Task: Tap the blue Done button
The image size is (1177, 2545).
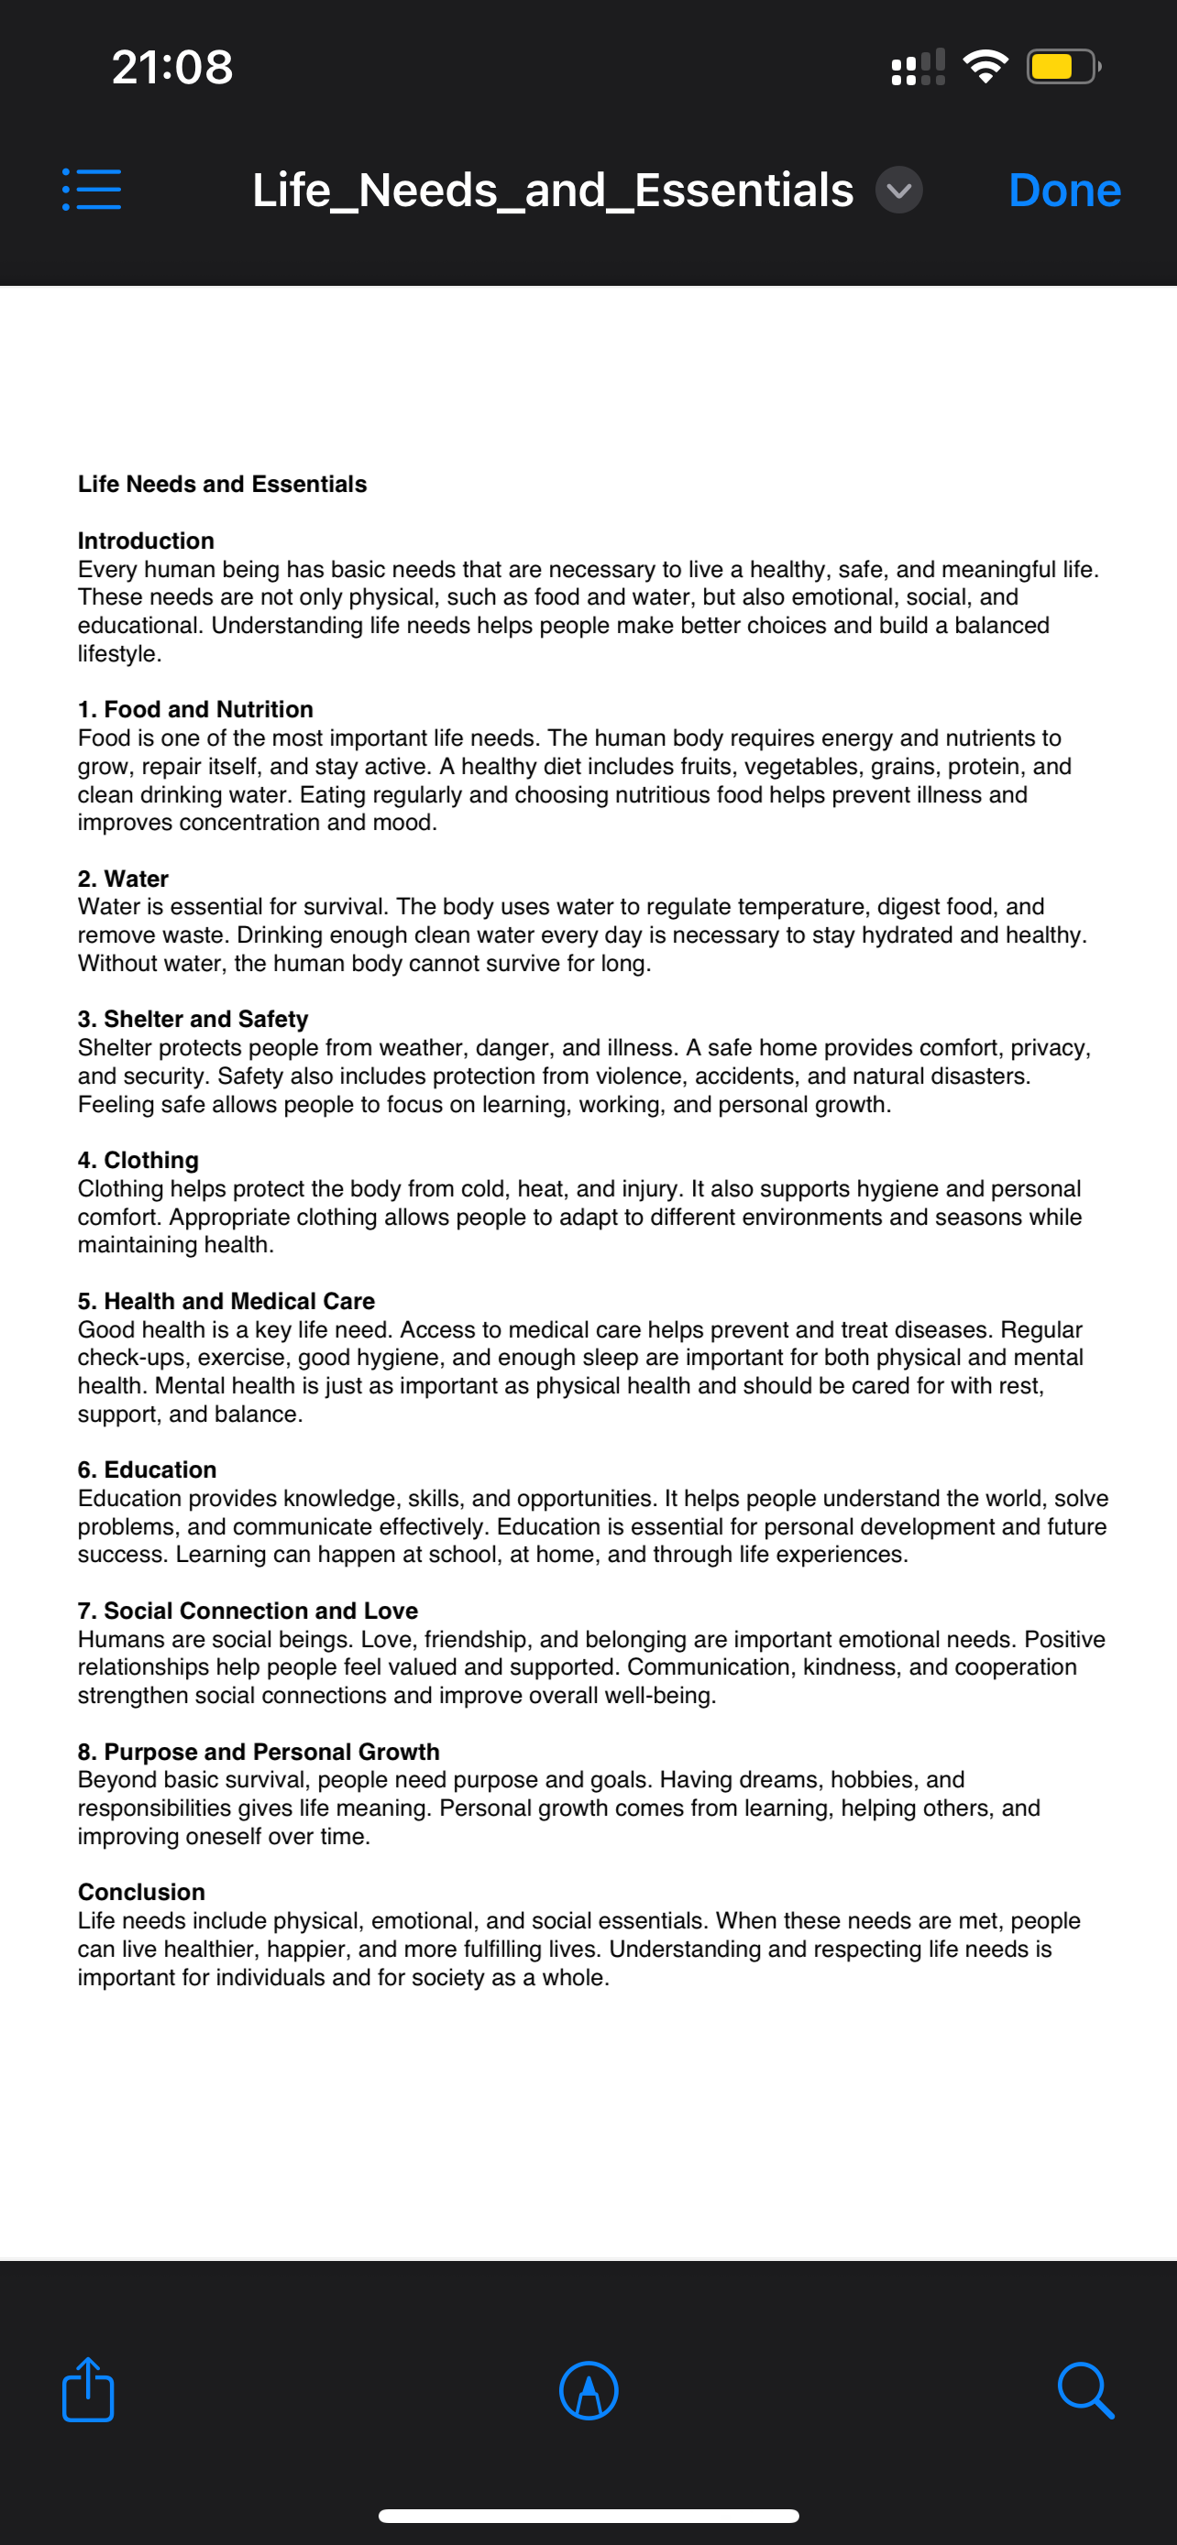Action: [1063, 191]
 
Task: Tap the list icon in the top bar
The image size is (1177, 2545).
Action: [92, 189]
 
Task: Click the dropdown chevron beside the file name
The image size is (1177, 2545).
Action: [898, 191]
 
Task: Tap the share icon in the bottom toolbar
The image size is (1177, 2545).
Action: [88, 2390]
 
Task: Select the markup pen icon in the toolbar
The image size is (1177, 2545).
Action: [588, 2391]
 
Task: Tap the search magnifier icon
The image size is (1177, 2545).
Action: [1085, 2391]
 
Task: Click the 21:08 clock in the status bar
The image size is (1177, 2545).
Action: [172, 67]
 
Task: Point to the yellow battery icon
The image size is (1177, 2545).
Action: [1062, 67]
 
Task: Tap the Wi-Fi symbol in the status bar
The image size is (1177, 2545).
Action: [984, 66]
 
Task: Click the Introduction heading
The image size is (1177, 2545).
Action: [147, 541]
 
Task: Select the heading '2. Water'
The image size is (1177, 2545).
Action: [124, 879]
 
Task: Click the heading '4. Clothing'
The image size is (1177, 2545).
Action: [138, 1160]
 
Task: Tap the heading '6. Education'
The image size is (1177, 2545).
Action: [148, 1469]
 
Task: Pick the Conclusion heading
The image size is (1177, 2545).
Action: [141, 1891]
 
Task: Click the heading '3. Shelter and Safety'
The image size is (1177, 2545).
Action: [192, 1019]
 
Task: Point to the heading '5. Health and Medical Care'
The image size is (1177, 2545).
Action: [226, 1300]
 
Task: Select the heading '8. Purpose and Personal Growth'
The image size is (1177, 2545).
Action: [258, 1751]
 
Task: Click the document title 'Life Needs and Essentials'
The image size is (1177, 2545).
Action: [223, 484]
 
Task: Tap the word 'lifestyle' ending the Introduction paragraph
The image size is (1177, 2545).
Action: [117, 654]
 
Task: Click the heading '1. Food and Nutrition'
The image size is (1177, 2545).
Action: [195, 709]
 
